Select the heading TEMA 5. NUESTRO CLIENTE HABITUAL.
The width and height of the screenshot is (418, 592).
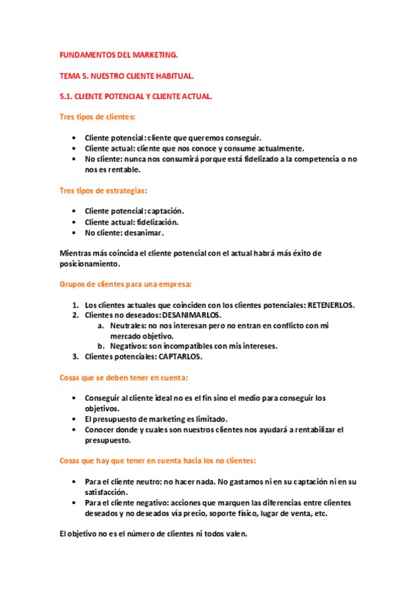click(x=126, y=75)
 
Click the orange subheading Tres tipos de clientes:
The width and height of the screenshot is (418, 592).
click(x=96, y=117)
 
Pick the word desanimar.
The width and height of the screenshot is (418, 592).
click(x=142, y=232)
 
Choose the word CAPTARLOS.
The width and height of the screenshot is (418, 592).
click(x=179, y=357)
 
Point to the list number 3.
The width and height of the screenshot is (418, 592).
click(x=76, y=357)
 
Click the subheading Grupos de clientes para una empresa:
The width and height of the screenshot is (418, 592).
click(x=125, y=285)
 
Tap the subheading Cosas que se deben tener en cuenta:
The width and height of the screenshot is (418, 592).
click(x=123, y=378)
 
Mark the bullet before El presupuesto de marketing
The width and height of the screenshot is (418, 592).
click(x=75, y=420)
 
